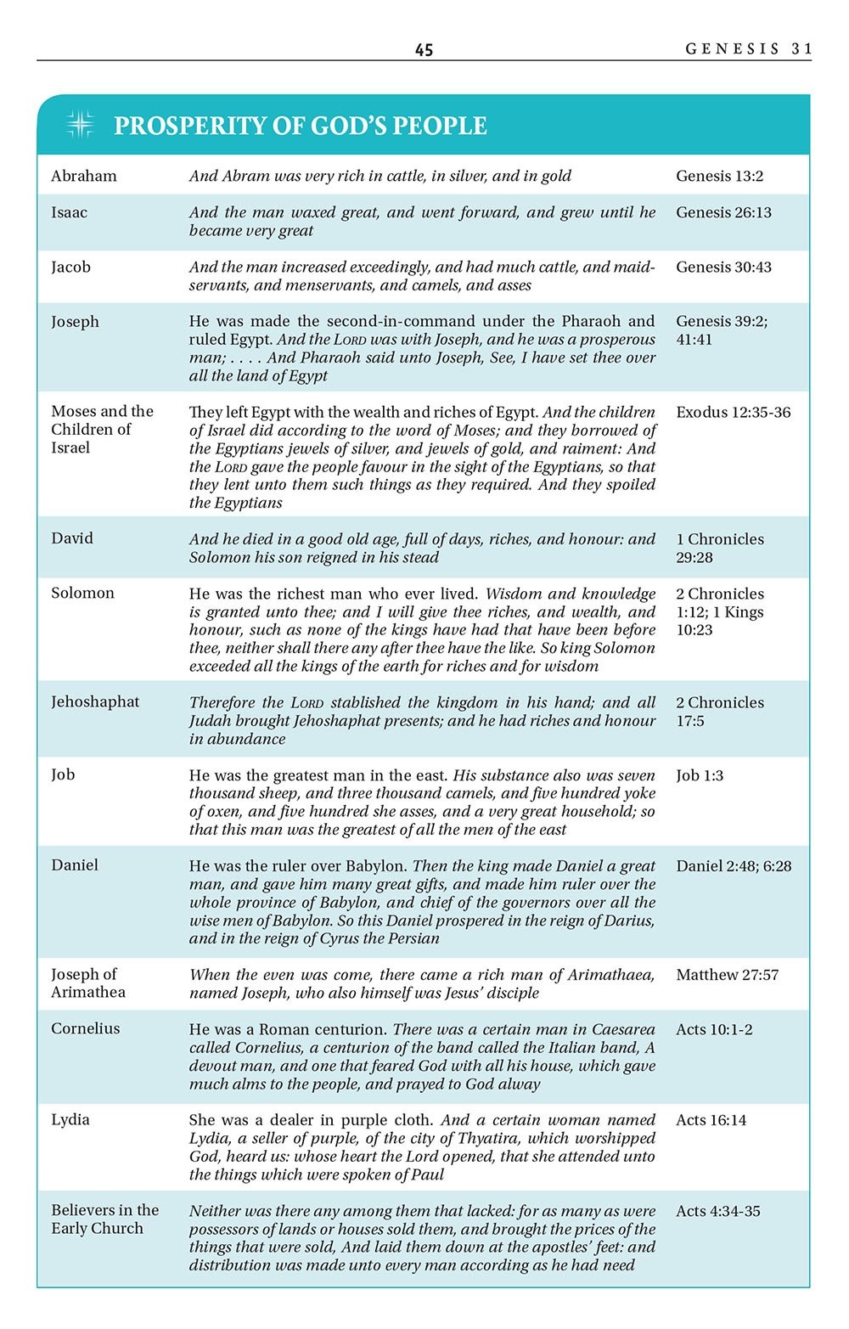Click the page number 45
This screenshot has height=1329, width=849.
pyautogui.click(x=424, y=50)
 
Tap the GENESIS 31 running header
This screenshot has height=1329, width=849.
pyautogui.click(x=749, y=48)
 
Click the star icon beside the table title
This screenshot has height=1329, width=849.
pyautogui.click(x=80, y=125)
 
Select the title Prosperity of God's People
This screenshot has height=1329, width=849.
pyautogui.click(x=301, y=126)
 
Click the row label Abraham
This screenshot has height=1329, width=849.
pyautogui.click(x=84, y=176)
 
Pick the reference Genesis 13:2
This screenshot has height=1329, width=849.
pyautogui.click(x=719, y=176)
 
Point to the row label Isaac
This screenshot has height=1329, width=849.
pyautogui.click(x=69, y=212)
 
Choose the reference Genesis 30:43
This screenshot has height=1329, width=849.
pyautogui.click(x=723, y=267)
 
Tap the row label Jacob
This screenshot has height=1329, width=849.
pyautogui.click(x=70, y=267)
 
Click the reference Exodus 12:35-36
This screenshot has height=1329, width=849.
pyautogui.click(x=733, y=412)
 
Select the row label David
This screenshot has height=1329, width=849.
pyautogui.click(x=72, y=538)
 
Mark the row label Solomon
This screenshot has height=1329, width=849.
pyautogui.click(x=82, y=593)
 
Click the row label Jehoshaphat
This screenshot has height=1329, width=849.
pyautogui.click(x=95, y=701)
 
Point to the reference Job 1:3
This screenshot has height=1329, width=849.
pyautogui.click(x=700, y=775)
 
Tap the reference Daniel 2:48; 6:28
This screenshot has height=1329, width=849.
pyautogui.click(x=734, y=866)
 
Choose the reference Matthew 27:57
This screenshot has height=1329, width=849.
pyautogui.click(x=727, y=975)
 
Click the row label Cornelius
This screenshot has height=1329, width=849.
pyautogui.click(x=86, y=1028)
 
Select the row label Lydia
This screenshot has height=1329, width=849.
pyautogui.click(x=70, y=1119)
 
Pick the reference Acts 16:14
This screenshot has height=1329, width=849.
pyautogui.click(x=711, y=1120)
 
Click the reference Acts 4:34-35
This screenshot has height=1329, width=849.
pyautogui.click(x=717, y=1211)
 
